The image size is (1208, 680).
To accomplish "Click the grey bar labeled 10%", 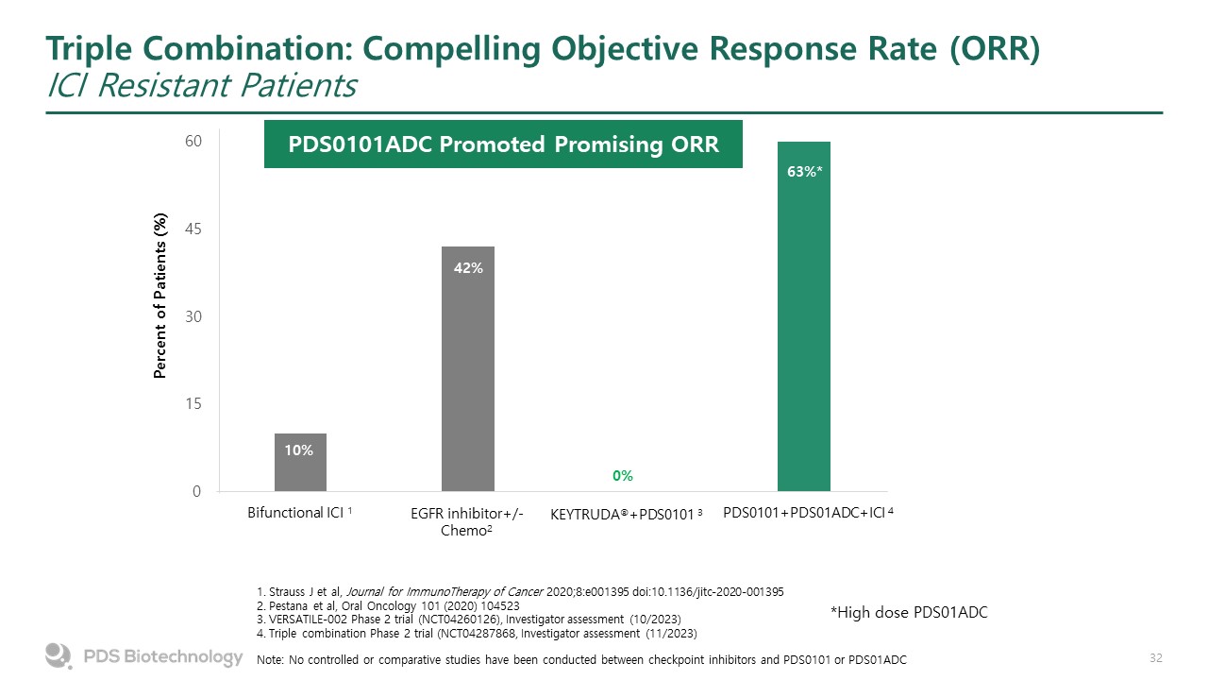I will [x=300, y=463].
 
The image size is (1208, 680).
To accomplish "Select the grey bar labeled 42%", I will [x=468, y=368].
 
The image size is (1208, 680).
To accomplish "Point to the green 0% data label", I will [x=623, y=476].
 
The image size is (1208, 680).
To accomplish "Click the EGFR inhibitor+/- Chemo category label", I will [x=468, y=522].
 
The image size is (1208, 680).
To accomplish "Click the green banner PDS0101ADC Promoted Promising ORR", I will [x=503, y=144].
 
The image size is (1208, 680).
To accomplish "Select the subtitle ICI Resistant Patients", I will [x=201, y=86].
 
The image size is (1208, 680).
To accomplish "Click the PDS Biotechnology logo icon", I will [x=59, y=655].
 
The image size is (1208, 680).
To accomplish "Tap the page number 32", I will [x=1156, y=656].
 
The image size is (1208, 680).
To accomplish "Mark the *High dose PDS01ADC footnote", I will [x=908, y=613].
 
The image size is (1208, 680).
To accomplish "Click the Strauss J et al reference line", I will [x=520, y=591].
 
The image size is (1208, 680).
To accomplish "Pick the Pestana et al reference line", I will [x=387, y=605].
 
